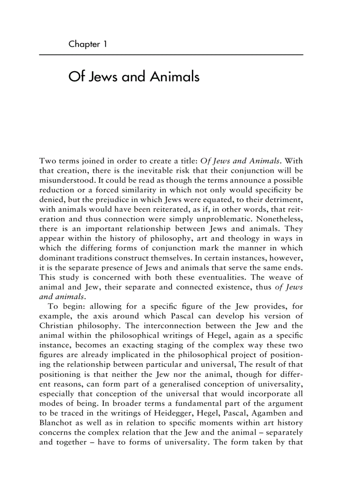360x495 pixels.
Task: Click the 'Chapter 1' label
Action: [x=88, y=44]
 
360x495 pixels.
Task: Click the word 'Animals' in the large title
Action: [x=175, y=77]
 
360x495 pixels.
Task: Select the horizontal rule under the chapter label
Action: [x=171, y=55]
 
